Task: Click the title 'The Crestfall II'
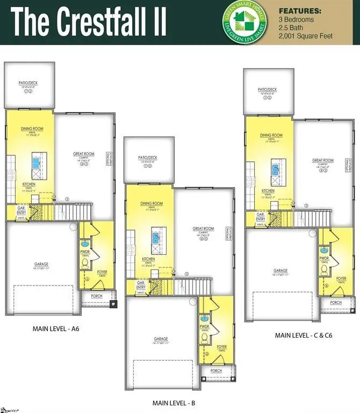[89, 23]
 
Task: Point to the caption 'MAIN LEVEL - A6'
[56, 327]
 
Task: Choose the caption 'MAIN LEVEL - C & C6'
[300, 335]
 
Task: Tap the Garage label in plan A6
[41, 264]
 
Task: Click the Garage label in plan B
[160, 339]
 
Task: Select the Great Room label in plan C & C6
[323, 160]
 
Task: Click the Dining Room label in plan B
[152, 203]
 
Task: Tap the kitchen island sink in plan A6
[37, 161]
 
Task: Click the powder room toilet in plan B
[204, 338]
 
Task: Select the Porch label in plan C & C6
[336, 303]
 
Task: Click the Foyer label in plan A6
[102, 272]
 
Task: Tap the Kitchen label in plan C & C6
[268, 191]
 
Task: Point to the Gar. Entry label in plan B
[141, 286]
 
